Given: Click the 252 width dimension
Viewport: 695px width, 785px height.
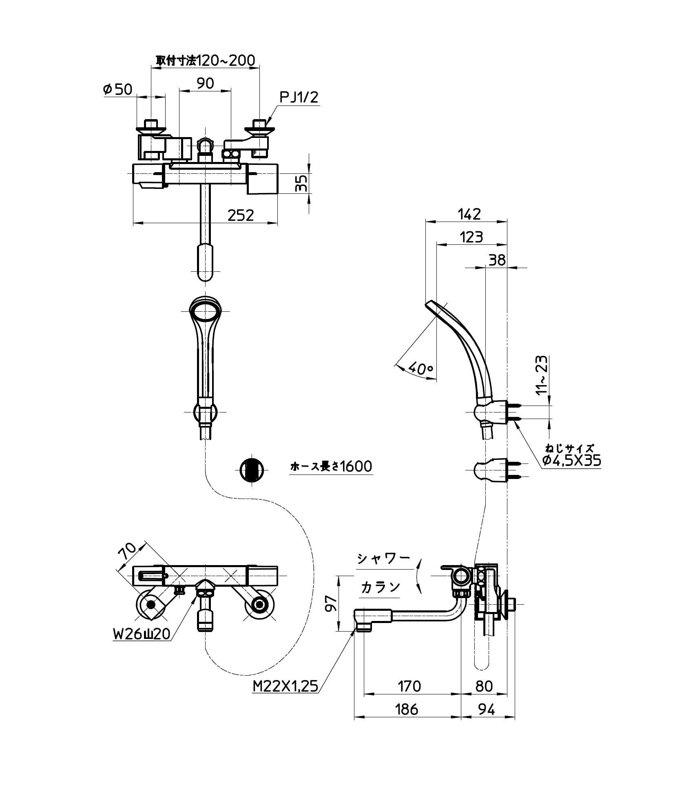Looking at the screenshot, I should point(241,215).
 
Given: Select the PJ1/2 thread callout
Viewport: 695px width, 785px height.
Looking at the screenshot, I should point(299,98).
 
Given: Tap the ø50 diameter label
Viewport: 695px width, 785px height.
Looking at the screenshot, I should point(118,89).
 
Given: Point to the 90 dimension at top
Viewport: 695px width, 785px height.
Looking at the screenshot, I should point(205,83).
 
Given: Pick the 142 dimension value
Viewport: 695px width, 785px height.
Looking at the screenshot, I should point(469,214).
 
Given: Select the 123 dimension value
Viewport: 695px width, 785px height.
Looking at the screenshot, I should point(471,237).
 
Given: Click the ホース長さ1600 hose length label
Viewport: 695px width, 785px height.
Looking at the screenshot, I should point(331,466).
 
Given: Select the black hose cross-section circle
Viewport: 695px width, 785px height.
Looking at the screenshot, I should point(251,470).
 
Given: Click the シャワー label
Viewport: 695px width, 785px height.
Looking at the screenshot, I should point(383,559).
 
